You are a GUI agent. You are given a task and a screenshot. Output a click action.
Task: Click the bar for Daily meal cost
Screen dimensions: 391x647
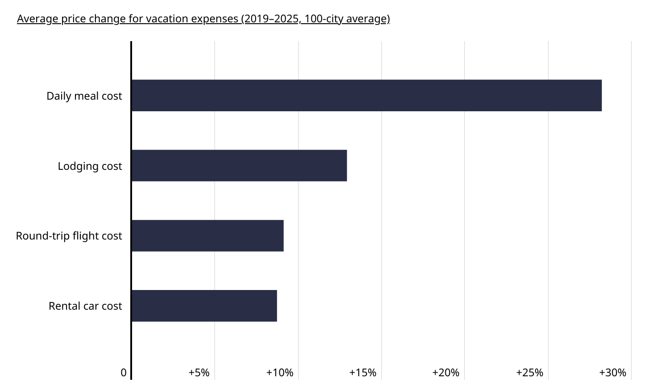point(366,95)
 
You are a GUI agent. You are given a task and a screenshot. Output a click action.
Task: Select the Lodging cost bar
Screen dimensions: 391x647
point(239,165)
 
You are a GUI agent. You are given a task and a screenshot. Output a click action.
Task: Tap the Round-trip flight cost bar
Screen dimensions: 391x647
point(207,235)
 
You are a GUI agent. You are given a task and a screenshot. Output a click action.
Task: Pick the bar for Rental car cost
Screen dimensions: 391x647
point(204,306)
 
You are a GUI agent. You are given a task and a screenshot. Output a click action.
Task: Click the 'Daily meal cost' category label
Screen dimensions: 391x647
point(84,96)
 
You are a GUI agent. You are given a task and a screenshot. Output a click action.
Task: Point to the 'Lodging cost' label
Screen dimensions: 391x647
point(90,166)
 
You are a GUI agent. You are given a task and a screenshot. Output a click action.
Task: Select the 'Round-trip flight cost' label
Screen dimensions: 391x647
point(69,236)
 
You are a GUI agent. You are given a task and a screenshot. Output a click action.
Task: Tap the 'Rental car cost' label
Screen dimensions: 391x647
point(85,306)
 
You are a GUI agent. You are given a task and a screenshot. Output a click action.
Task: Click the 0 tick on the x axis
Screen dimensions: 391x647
point(124,373)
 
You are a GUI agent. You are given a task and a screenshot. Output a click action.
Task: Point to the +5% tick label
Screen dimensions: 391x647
point(199,373)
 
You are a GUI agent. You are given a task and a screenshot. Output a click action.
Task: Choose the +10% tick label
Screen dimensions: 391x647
point(280,373)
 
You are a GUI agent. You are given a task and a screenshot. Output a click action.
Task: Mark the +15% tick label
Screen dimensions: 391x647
point(363,373)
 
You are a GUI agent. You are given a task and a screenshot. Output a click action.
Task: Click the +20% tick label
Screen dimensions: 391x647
point(446,373)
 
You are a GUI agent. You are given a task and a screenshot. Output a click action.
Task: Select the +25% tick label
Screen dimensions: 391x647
point(530,373)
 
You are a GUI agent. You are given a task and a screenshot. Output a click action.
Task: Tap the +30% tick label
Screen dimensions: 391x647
point(613,373)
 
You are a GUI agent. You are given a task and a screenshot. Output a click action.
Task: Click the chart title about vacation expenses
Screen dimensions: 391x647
point(203,19)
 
